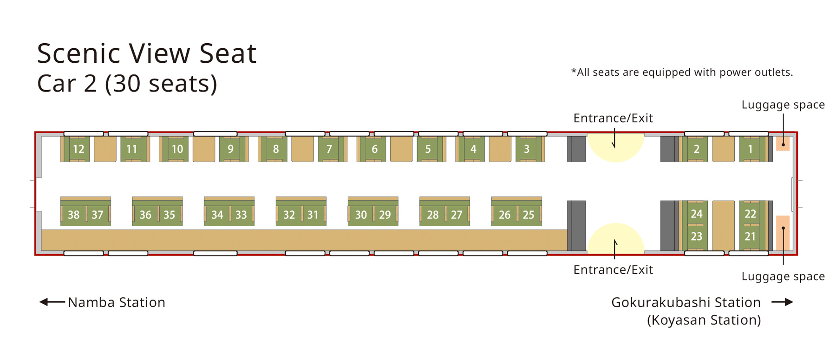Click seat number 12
pyautogui.click(x=78, y=149)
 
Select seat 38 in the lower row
pyautogui.click(x=73, y=215)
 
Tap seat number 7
pyautogui.click(x=329, y=149)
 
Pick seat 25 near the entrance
pyautogui.click(x=529, y=215)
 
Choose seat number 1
pyautogui.click(x=750, y=149)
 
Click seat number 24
pyautogui.click(x=696, y=214)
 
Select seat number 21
pyautogui.click(x=750, y=236)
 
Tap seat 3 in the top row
pyautogui.click(x=527, y=149)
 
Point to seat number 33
pyautogui.click(x=241, y=215)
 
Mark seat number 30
pyautogui.click(x=361, y=215)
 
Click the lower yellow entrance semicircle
pyautogui.click(x=615, y=238)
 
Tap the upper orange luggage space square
pyautogui.click(x=783, y=144)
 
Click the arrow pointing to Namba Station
pyautogui.click(x=52, y=302)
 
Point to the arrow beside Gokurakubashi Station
pyautogui.click(x=783, y=302)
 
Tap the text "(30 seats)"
pyautogui.click(x=161, y=84)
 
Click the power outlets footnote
pyautogui.click(x=682, y=72)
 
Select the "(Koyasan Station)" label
pyautogui.click(x=704, y=320)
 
